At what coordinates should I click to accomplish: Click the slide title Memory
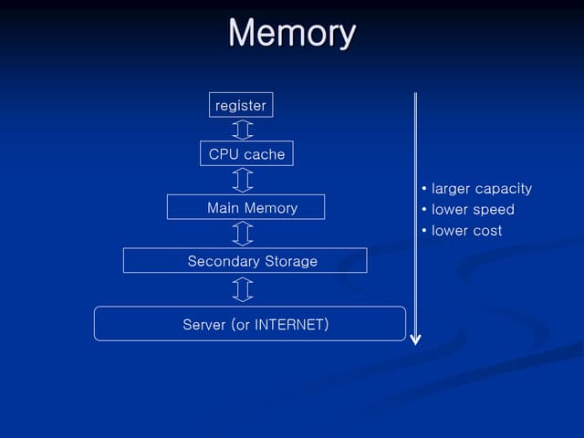291,33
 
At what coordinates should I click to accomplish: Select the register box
241,105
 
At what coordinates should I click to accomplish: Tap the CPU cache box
246,153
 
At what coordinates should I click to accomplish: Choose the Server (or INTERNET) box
249,324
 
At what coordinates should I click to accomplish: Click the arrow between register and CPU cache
243,129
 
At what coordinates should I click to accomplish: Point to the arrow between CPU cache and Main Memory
243,180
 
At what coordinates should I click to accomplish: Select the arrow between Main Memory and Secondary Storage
243,234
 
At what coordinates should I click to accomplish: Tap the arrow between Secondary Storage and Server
243,289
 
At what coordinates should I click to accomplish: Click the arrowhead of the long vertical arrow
415,339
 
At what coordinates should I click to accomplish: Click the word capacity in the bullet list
501,189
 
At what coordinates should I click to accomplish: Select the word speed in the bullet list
494,210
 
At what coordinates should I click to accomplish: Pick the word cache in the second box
265,154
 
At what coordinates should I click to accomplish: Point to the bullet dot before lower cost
424,230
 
